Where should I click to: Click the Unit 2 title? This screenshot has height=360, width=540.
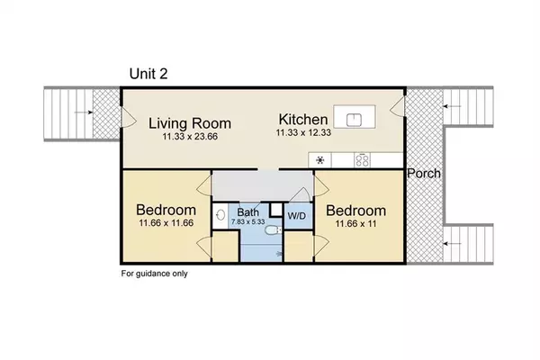pos(148,74)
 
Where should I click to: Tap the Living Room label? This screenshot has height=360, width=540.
pos(190,123)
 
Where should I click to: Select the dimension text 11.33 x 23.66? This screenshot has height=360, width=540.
pos(190,137)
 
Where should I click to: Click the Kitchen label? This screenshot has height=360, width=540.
pos(303,120)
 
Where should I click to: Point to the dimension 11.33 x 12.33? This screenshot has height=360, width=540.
pos(303,132)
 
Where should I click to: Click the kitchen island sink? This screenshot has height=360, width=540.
pos(354,120)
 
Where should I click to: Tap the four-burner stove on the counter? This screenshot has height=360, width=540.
pos(363,160)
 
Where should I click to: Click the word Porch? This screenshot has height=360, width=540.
pos(424,174)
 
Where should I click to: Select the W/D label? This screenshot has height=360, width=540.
pos(296,216)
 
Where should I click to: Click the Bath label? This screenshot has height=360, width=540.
pos(248,212)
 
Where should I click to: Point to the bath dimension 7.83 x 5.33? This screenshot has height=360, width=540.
pos(248,222)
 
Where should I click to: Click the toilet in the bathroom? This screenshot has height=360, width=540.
pos(274,229)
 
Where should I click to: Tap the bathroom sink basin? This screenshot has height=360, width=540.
pos(220,216)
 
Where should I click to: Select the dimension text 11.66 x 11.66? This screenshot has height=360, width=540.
pos(166,223)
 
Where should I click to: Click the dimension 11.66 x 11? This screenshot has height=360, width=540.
pos(355,223)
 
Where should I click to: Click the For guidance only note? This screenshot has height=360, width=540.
pos(154,274)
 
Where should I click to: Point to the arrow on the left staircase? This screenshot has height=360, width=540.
pos(84,112)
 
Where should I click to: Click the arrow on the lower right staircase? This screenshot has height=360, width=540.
pos(452,244)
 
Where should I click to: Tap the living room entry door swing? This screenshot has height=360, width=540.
pos(129,116)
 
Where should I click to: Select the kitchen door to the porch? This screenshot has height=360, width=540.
pos(397,106)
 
